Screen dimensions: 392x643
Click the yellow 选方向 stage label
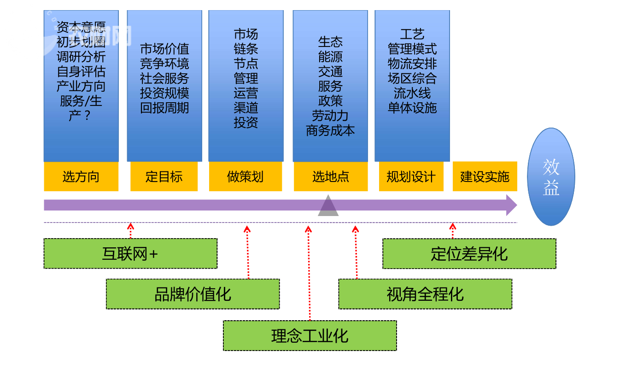tap(81, 176)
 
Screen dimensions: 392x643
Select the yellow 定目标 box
tap(164, 176)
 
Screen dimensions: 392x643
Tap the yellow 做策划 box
tap(245, 176)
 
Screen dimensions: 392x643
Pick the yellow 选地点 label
tap(331, 176)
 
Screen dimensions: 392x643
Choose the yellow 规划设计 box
tap(411, 176)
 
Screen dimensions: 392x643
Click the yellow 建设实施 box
tap(485, 176)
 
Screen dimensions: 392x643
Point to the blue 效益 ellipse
tap(551, 177)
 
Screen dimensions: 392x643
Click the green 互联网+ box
tap(130, 254)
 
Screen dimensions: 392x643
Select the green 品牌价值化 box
tap(193, 294)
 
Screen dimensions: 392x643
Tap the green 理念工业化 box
tap(310, 336)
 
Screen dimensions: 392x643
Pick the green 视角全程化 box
tap(425, 294)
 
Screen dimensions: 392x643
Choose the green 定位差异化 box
tap(469, 254)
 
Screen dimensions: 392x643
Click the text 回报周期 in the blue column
tap(164, 108)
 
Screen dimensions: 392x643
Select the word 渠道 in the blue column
tap(246, 108)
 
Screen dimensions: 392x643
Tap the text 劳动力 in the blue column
tap(330, 116)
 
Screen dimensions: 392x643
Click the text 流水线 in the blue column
tap(412, 93)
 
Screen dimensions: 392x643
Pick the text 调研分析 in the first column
tap(81, 57)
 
